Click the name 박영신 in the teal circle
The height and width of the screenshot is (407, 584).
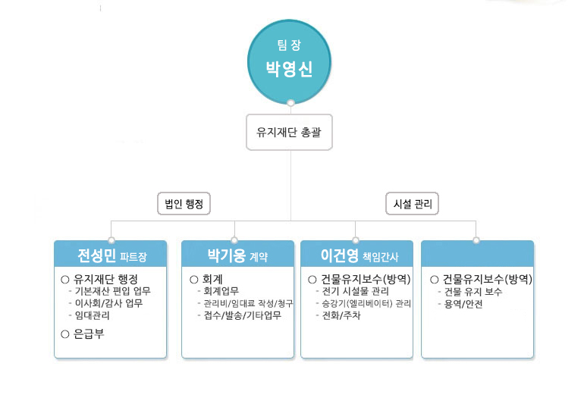pos(289,69)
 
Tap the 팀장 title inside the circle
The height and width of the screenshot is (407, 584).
pos(289,45)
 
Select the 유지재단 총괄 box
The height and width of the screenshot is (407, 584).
pos(289,132)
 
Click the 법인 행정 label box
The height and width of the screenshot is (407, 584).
pos(184,203)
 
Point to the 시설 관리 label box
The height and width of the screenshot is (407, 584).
pos(413,203)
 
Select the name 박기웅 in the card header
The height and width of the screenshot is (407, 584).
pos(227,255)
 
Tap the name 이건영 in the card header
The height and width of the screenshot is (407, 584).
pos(340,255)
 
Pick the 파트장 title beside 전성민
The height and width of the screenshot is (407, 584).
pos(133,257)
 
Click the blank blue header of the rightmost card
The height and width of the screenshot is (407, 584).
pos(478,254)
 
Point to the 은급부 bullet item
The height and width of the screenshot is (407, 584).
pos(83,333)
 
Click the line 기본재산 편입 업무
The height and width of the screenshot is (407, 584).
pos(112,291)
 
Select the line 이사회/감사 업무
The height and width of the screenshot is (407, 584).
pos(108,303)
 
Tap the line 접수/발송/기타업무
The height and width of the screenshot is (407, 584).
pos(243,315)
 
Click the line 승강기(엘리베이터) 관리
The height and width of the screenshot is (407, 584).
pos(366,303)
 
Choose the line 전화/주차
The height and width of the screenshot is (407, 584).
pos(341,315)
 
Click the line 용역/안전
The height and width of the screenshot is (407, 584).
pos(463,304)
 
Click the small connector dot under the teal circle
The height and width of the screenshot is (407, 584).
pos(291,102)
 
